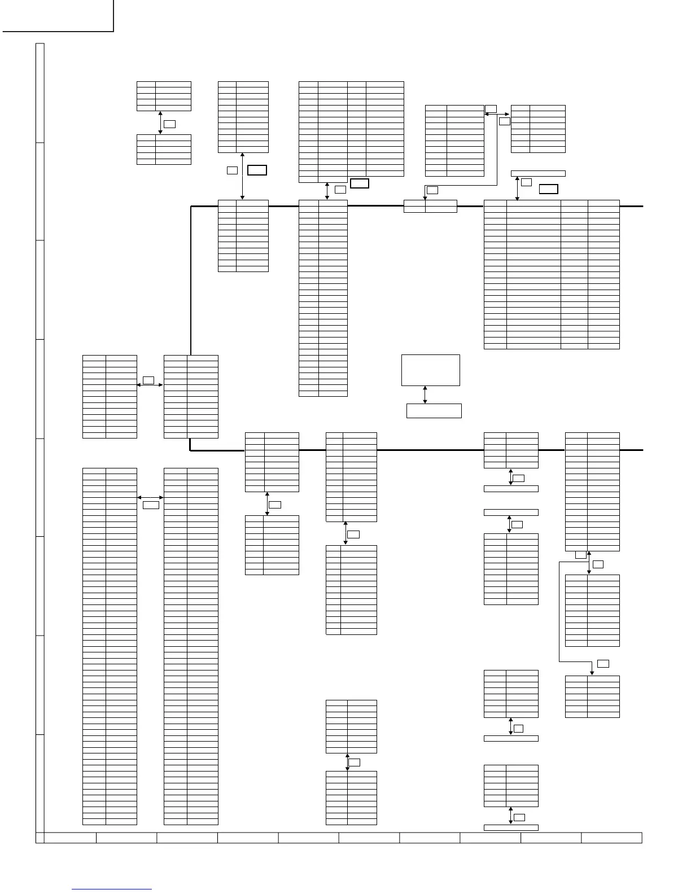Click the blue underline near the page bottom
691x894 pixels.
click(112, 889)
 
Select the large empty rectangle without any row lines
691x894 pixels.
click(430, 370)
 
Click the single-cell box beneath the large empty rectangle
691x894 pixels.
click(434, 411)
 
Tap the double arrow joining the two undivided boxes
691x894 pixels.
click(425, 395)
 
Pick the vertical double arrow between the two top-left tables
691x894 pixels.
click(160, 122)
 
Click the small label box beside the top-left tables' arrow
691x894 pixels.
click(169, 124)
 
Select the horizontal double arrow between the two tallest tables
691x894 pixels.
click(150, 497)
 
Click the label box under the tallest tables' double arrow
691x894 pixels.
click(151, 505)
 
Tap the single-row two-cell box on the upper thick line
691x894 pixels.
click(430, 207)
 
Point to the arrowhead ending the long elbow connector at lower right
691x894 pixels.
click(592, 672)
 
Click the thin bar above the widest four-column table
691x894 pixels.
click(537, 173)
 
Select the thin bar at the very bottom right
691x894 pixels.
click(511, 827)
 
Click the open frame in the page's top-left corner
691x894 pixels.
click(57, 16)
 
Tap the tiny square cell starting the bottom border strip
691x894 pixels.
click(40, 837)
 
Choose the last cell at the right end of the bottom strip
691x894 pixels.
click(611, 837)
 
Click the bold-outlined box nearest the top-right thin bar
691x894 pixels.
click(548, 189)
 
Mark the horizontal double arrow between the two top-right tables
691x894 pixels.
click(497, 114)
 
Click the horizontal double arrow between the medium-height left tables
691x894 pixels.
click(150, 385)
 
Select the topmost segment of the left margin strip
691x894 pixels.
click(40, 93)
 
